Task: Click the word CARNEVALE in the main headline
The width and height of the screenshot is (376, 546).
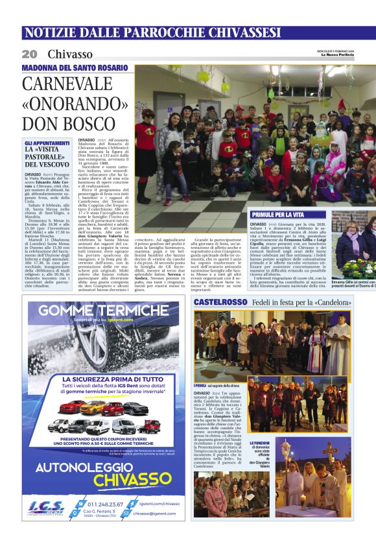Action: pyautogui.click(x=67, y=84)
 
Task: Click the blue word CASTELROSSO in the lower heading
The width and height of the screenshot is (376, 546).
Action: pyautogui.click(x=220, y=302)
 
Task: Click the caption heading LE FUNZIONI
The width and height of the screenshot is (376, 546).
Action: pyautogui.click(x=260, y=442)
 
